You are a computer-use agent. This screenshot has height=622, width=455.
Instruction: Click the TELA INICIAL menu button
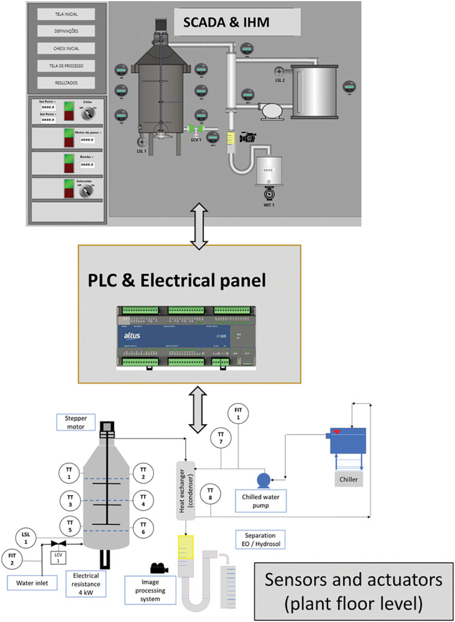coord(65,14)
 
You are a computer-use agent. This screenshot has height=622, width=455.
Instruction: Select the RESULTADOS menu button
coord(65,82)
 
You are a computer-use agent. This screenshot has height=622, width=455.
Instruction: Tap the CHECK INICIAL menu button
coord(65,48)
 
